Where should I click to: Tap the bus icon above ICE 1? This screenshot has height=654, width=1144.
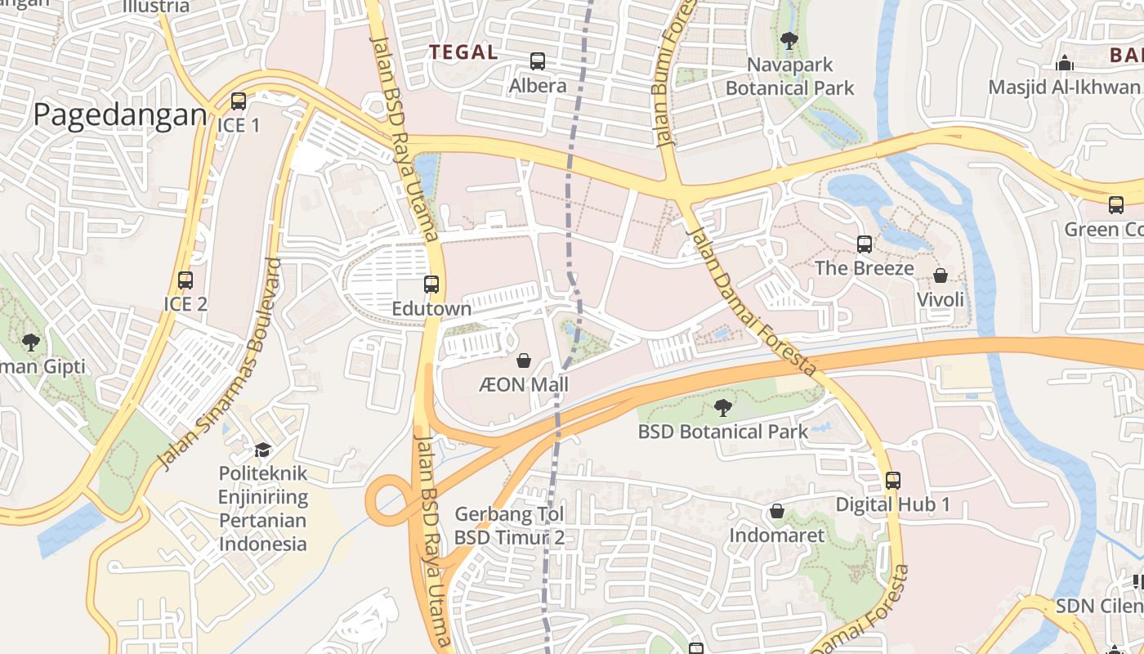238,101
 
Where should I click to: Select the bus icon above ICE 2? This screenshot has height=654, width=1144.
185,280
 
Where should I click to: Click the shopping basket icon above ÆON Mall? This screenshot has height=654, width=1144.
524,361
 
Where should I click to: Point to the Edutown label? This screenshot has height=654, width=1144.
431,309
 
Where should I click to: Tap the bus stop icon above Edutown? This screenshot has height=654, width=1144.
431,284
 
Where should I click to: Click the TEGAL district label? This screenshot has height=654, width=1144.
463,52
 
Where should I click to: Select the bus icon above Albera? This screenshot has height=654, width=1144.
538,61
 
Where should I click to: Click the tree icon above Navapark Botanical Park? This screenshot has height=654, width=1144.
789,40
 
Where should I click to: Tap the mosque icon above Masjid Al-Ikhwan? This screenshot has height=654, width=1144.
1064,63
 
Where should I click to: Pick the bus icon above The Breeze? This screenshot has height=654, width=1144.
864,244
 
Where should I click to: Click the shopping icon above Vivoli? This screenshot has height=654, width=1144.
941,275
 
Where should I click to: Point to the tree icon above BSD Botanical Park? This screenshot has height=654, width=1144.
722,407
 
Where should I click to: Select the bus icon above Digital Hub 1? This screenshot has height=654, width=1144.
892,481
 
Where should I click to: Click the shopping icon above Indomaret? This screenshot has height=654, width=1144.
777,512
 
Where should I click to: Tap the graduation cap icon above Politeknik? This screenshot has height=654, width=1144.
262,450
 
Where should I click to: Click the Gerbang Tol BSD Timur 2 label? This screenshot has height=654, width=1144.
510,526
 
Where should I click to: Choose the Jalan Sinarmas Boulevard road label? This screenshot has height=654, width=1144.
217,365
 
